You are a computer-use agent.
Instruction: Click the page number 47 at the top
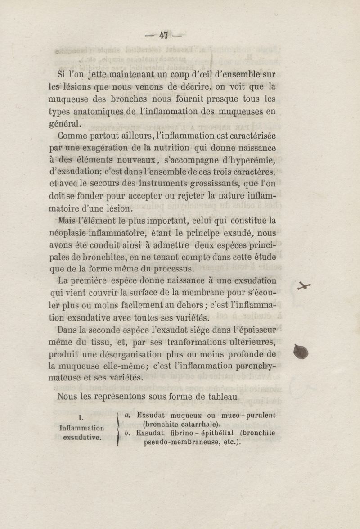point(163,35)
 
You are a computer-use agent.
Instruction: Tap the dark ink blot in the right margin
point(301,352)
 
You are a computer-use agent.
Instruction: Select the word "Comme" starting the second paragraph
point(72,136)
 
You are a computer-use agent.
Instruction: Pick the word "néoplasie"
point(67,233)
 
